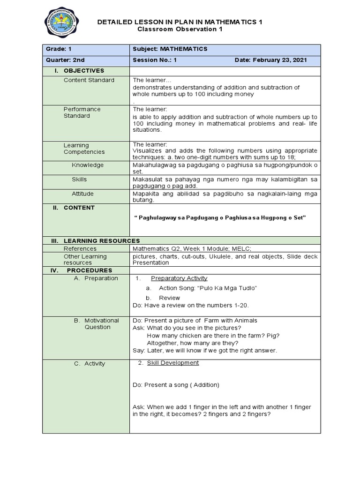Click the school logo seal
[x=61, y=21]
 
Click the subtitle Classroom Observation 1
[x=180, y=29]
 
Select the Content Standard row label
[x=89, y=80]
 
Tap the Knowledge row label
[x=88, y=165]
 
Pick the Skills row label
[x=79, y=180]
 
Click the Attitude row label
[x=82, y=194]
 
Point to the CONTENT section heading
[x=79, y=208]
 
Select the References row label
[x=80, y=248]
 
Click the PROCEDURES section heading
[x=90, y=270]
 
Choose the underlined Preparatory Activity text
[x=179, y=278]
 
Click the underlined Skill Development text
[x=173, y=363]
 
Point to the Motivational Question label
[x=97, y=323]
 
